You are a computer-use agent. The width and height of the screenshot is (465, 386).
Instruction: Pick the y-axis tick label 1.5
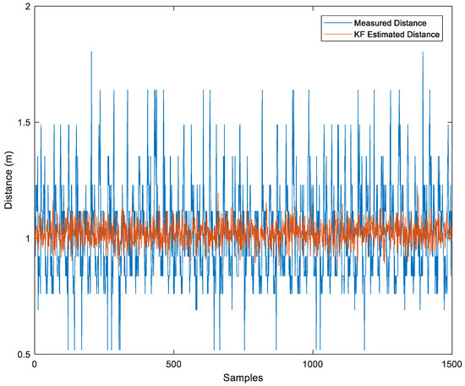pos(23,123)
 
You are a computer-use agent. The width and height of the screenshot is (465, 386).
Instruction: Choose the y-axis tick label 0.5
pos(23,353)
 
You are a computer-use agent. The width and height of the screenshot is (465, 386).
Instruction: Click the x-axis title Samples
pos(243,375)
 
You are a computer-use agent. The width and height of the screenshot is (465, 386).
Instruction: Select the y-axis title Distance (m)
pos(8,179)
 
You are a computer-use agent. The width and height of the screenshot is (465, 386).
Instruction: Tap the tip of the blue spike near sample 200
pos(90,52)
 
